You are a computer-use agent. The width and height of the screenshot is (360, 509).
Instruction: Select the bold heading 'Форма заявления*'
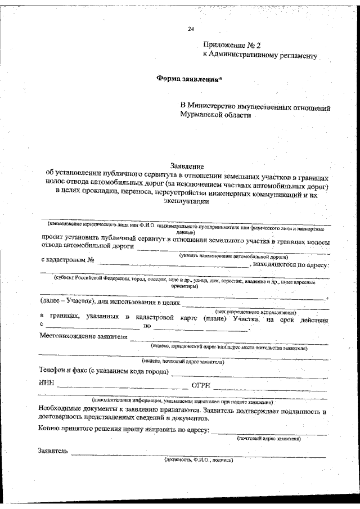pyautogui.click(x=190, y=79)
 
